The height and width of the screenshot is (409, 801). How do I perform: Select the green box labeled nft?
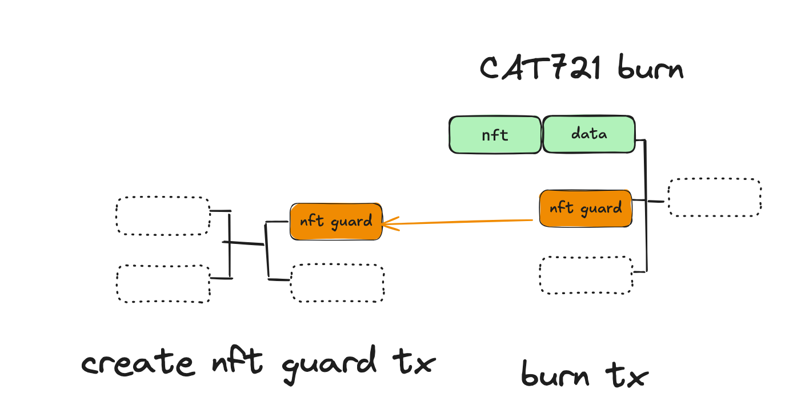click(x=495, y=135)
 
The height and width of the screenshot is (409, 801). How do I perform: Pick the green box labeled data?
click(x=588, y=134)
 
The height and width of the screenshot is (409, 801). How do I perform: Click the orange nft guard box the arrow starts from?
click(x=586, y=208)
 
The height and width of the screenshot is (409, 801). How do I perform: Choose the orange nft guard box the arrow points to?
click(x=336, y=221)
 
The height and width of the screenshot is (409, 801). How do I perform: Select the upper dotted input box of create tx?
click(x=163, y=215)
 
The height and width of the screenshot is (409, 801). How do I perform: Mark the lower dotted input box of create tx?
click(x=163, y=283)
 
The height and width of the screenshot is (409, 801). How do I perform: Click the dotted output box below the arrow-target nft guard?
click(x=337, y=283)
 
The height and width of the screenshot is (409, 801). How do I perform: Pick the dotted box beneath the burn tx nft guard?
click(x=586, y=275)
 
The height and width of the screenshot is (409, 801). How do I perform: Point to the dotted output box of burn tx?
click(x=714, y=198)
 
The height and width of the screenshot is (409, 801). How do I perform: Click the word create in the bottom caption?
click(x=138, y=363)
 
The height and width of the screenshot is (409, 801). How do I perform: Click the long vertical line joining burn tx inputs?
click(x=646, y=206)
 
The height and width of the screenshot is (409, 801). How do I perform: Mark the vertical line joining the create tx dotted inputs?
click(x=230, y=246)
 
